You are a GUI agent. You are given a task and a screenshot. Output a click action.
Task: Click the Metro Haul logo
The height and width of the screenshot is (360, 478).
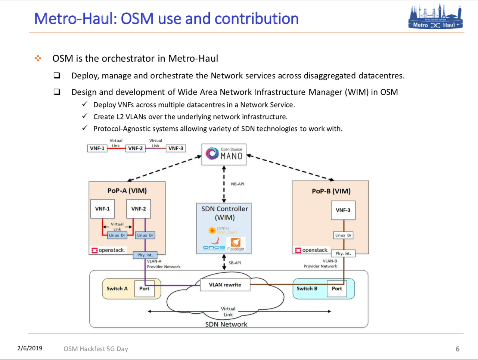pyautogui.click(x=435, y=17)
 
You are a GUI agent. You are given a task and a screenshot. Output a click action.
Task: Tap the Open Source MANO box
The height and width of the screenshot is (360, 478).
pyautogui.click(x=224, y=154)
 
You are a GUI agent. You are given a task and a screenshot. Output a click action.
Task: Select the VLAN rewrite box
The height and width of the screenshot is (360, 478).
pyautogui.click(x=225, y=285)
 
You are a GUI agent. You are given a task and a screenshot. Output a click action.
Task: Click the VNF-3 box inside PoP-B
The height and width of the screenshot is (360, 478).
pyautogui.click(x=343, y=210)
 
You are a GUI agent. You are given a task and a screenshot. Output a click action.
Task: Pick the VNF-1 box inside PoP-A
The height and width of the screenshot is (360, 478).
pyautogui.click(x=102, y=209)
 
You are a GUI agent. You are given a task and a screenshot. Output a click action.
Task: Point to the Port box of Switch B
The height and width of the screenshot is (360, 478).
pyautogui.click(x=336, y=288)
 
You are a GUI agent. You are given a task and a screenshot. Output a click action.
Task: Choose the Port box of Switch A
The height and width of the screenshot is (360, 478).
pyautogui.click(x=144, y=288)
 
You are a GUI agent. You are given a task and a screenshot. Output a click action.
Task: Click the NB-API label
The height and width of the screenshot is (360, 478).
pyautogui.click(x=238, y=184)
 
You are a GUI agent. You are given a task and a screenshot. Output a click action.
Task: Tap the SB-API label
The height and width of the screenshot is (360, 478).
pyautogui.click(x=235, y=263)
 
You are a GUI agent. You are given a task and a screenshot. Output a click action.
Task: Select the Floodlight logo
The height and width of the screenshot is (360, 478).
pyautogui.click(x=236, y=244)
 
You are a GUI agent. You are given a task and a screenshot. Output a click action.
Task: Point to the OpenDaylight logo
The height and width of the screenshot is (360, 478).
pyautogui.click(x=223, y=230)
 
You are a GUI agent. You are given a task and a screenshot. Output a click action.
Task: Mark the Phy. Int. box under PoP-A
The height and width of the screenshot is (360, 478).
pyautogui.click(x=145, y=255)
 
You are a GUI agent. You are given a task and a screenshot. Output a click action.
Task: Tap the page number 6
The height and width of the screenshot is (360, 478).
pyautogui.click(x=457, y=349)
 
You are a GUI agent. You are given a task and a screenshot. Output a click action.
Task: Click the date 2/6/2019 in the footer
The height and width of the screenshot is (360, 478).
pyautogui.click(x=30, y=348)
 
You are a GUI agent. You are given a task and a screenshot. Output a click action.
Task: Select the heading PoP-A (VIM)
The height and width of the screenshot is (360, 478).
pyautogui.click(x=127, y=190)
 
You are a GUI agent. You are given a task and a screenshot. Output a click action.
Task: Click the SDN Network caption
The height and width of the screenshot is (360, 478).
pyautogui.click(x=226, y=324)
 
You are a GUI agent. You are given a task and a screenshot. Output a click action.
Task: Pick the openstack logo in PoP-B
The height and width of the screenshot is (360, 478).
pyautogui.click(x=311, y=250)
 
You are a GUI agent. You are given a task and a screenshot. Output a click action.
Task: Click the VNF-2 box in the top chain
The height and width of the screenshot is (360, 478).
pyautogui.click(x=135, y=148)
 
